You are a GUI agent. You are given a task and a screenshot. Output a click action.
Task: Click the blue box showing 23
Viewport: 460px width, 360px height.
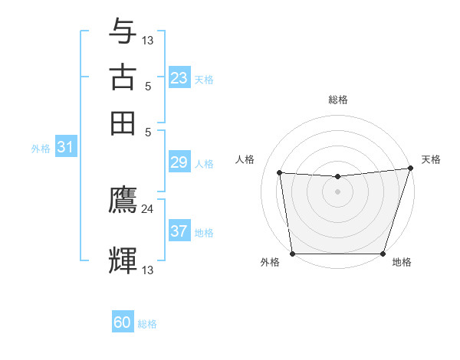coord(179,78)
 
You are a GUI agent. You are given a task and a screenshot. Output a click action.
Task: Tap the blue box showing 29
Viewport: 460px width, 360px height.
coord(179,163)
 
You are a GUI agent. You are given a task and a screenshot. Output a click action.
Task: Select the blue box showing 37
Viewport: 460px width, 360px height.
coord(179,231)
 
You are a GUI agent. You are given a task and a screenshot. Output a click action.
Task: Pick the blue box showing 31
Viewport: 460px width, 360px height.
coord(65,148)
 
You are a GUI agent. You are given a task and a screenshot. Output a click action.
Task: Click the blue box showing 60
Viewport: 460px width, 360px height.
coord(123,323)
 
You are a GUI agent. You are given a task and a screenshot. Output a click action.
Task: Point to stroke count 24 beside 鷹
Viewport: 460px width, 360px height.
coord(147,208)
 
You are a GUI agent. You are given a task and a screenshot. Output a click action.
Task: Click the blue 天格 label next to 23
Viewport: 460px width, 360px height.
coord(204,79)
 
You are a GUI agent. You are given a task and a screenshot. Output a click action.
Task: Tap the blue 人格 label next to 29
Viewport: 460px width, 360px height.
coord(204,164)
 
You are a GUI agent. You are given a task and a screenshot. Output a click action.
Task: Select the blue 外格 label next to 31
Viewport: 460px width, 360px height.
coord(41,149)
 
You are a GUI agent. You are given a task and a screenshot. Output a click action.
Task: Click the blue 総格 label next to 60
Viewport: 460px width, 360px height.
coord(147,324)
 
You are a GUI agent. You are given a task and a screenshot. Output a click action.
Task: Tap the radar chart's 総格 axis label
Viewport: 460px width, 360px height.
coord(337,100)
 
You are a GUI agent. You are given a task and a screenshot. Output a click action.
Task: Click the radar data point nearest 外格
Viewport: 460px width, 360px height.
coord(292,254)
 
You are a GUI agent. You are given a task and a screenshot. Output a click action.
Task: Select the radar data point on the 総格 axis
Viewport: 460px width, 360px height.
coord(337,177)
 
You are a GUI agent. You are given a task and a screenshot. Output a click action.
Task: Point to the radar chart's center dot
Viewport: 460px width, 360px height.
coord(337,191)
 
